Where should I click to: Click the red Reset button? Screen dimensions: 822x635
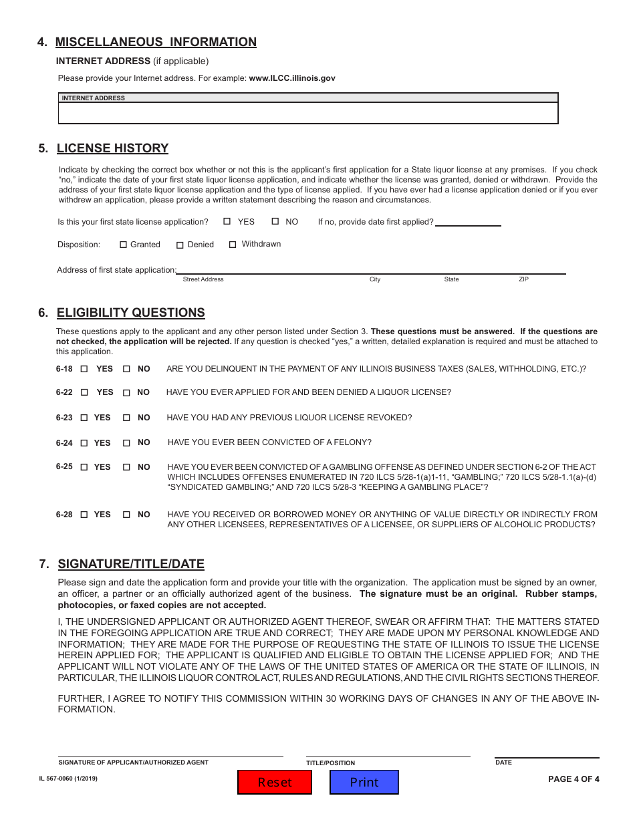point(275,782)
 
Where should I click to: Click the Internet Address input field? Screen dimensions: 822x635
point(308,113)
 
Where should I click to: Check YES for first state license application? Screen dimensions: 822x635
point(227,221)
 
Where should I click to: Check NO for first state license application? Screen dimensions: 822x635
point(275,221)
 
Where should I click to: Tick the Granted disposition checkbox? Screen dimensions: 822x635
point(123,245)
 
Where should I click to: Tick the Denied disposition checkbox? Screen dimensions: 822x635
point(180,245)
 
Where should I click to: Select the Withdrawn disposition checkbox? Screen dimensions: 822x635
point(233,245)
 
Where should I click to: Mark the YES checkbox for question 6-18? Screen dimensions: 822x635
point(84,369)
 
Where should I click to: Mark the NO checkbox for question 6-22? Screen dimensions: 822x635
point(126,393)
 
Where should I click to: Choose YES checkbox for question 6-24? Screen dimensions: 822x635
point(84,443)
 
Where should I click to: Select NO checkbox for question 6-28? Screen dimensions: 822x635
point(126,515)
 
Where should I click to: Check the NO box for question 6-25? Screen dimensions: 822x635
point(126,467)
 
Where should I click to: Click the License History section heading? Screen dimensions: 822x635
point(112,148)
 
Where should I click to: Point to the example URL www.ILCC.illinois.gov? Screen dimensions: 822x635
point(292,78)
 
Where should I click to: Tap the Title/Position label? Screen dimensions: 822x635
point(331,763)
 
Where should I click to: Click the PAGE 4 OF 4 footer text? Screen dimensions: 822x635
point(574,779)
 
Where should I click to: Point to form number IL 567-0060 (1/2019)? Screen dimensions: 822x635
point(68,778)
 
